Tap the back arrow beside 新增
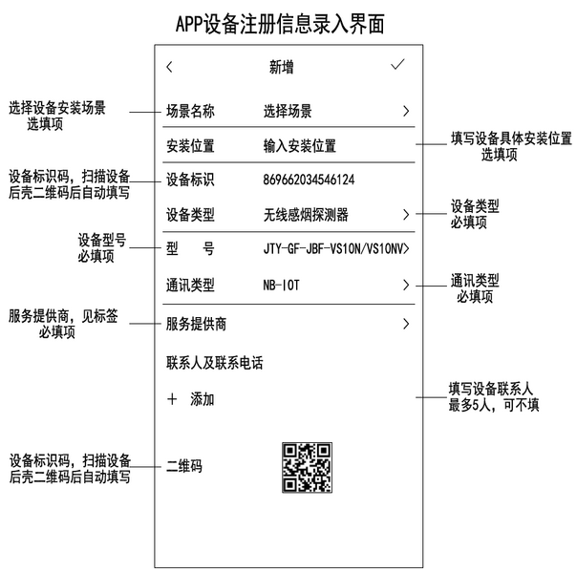(169, 67)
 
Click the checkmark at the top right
(397, 64)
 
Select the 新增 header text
(282, 67)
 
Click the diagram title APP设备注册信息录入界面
(280, 24)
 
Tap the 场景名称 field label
(190, 111)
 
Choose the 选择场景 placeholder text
(288, 111)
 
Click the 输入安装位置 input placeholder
(300, 146)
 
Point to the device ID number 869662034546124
(309, 180)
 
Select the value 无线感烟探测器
(306, 215)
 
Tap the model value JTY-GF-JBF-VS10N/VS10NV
(333, 249)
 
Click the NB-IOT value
(281, 285)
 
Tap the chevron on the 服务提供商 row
(406, 324)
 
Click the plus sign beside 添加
(172, 399)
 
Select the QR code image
(308, 467)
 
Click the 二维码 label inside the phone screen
(184, 466)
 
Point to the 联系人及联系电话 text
(215, 363)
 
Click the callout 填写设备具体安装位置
(511, 138)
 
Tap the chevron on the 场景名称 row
(406, 111)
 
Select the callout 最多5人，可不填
(494, 405)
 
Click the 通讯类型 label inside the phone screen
(190, 285)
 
